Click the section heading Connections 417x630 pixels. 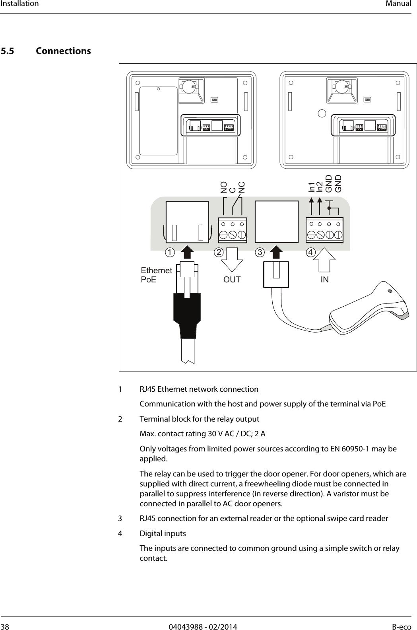[x=63, y=51]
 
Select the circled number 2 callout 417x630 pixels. [x=219, y=253]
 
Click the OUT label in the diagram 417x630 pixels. [x=232, y=280]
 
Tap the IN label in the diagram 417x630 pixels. [x=325, y=280]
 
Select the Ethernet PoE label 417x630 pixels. [x=156, y=275]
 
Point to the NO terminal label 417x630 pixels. [x=224, y=188]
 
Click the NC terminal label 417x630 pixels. [x=242, y=188]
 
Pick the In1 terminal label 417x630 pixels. [x=312, y=187]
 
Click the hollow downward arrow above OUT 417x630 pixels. [x=232, y=259]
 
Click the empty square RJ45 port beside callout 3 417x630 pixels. [x=277, y=222]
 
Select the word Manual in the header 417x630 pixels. [x=400, y=4]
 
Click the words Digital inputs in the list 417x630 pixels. [x=163, y=533]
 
